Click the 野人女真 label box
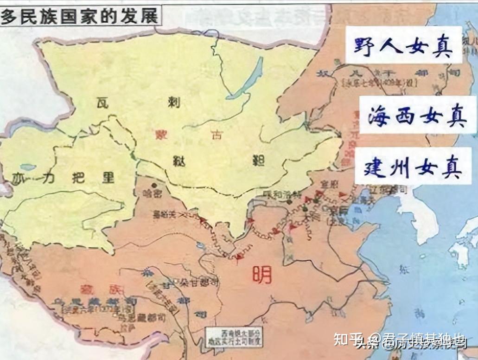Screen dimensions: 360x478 pos(403,45)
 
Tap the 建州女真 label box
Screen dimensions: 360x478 pos(413,166)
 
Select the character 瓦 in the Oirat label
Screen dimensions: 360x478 pos(103,102)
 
